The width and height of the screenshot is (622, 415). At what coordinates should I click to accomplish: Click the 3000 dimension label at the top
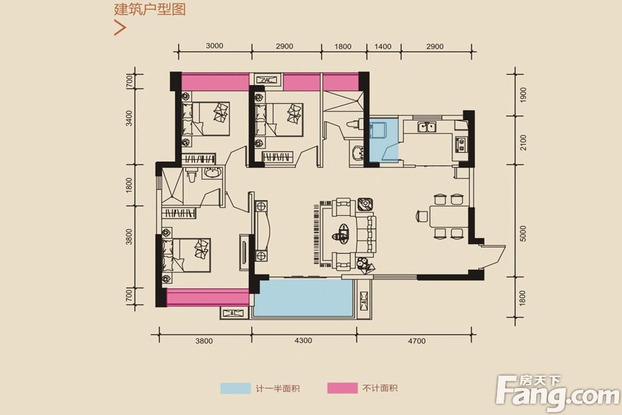(214, 47)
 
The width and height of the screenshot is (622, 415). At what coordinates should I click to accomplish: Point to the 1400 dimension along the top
(383, 47)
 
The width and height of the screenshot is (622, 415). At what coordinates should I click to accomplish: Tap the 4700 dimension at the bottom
(417, 340)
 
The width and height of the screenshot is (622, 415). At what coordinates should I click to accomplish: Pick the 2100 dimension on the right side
(523, 143)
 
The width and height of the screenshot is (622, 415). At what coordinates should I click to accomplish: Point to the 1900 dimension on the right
(523, 95)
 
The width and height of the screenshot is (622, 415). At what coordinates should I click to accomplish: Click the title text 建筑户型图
(150, 10)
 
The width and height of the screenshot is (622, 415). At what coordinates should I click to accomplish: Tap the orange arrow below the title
(120, 28)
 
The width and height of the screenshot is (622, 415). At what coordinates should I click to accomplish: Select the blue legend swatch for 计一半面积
(236, 389)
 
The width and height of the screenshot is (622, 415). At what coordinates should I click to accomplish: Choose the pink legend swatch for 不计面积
(342, 389)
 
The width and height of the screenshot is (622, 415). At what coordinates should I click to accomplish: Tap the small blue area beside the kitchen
(381, 140)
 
